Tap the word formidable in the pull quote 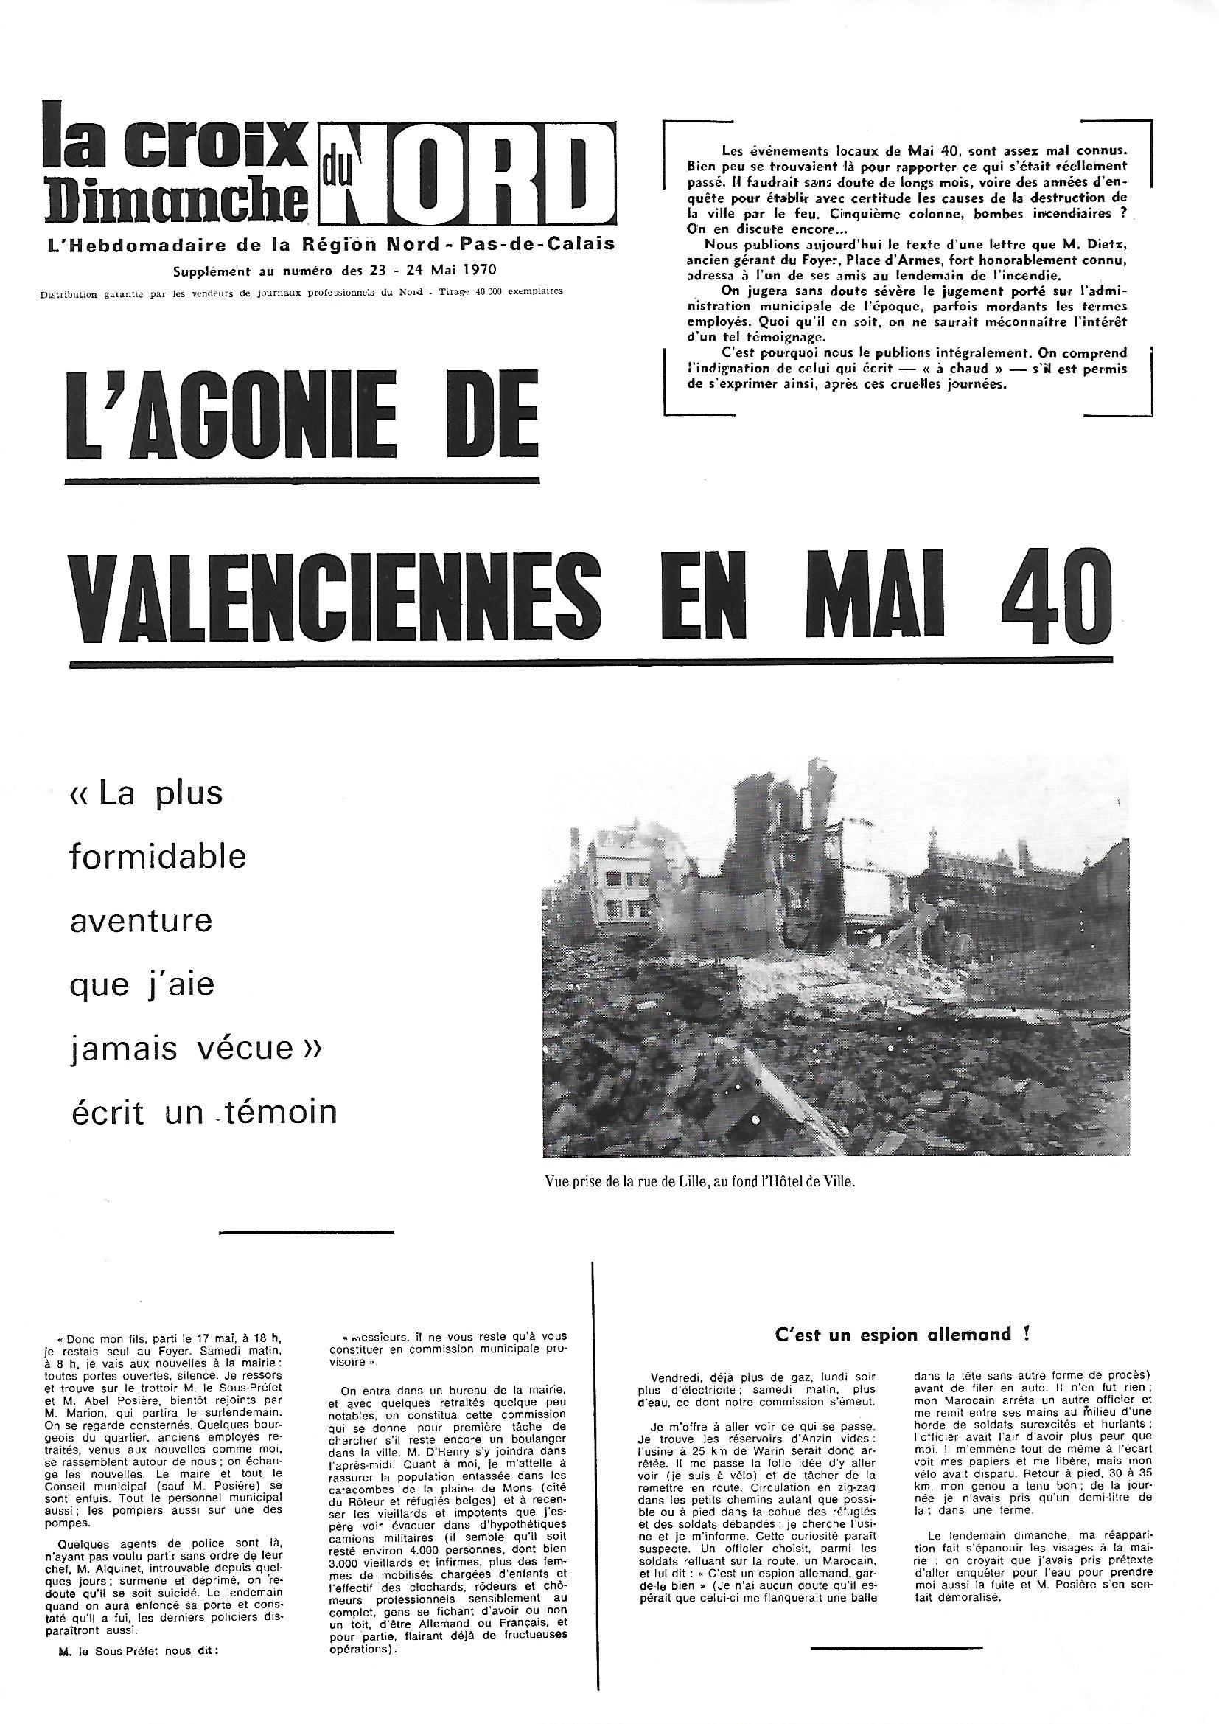[158, 857]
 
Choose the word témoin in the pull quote [275, 1112]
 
